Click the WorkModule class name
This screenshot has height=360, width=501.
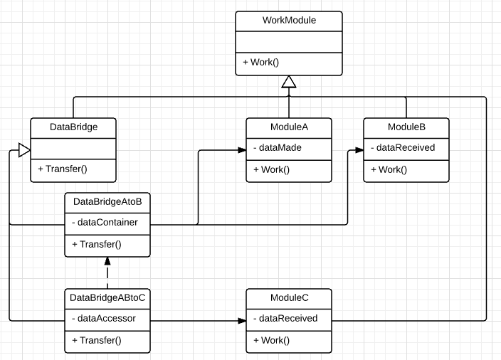288,21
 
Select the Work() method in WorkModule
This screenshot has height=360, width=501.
260,63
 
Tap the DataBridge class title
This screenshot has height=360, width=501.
73,127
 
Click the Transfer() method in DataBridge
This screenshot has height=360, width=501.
62,169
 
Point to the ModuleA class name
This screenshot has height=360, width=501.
288,127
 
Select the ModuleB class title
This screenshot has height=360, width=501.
406,127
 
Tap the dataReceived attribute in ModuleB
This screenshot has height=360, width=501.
402,148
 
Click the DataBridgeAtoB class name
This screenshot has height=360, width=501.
107,202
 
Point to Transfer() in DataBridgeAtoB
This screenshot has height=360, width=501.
97,244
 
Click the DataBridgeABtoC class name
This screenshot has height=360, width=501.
107,297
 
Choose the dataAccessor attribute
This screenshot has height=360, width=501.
104,319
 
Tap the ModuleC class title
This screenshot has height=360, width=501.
288,297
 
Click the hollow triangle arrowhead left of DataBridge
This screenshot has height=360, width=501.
23,149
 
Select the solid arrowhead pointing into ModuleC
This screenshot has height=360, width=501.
241,320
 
